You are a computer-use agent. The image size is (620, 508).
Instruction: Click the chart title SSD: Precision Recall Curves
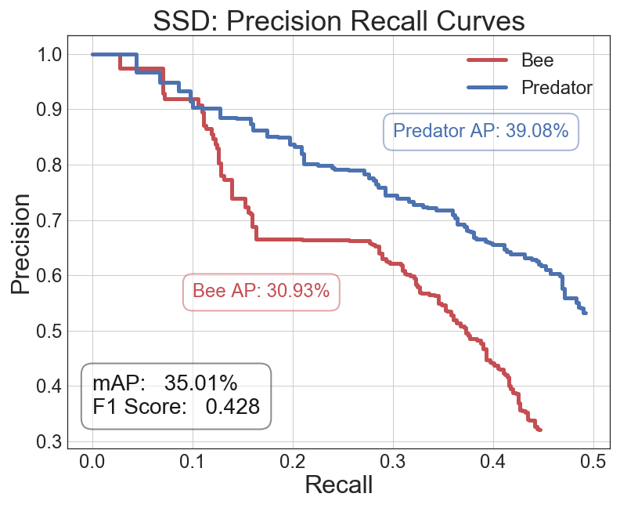click(338, 20)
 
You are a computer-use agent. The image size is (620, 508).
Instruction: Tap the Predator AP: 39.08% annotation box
click(481, 132)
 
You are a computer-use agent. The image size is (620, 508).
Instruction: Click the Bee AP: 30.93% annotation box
click(261, 292)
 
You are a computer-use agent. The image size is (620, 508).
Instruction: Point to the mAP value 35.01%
click(200, 383)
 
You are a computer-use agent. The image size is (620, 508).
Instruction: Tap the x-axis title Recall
click(338, 484)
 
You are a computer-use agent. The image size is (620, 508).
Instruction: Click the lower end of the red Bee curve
click(540, 430)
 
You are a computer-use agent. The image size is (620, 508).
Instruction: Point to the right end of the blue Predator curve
click(585, 313)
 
